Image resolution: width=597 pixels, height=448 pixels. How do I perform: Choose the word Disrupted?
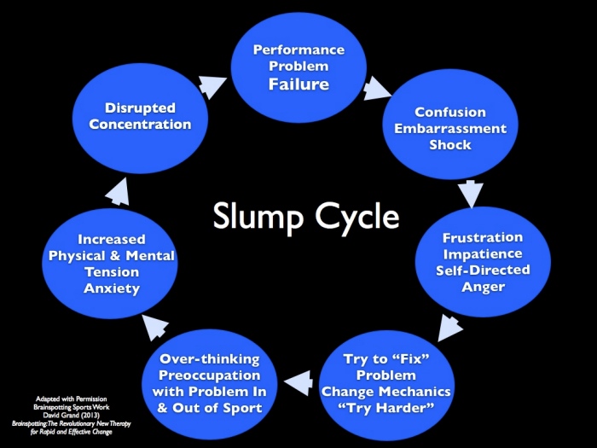click(x=141, y=108)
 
